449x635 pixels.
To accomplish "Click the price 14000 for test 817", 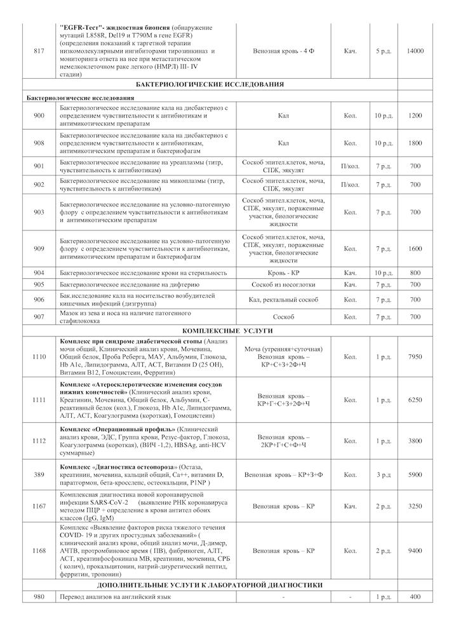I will (415, 51).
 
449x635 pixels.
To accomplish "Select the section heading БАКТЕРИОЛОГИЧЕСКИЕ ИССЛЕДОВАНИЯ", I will (210, 84).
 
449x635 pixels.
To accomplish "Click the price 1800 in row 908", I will (415, 144).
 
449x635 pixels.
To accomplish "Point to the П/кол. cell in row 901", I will (350, 166).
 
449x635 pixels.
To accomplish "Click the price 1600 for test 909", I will (415, 248).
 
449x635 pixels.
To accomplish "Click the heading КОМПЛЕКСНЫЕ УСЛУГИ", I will (210, 331).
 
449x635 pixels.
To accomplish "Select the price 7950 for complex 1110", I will (415, 357).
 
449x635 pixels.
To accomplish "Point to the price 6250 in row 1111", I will (415, 400).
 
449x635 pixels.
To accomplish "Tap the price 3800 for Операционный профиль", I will (415, 441).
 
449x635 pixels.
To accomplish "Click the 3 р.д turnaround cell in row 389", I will (383, 474).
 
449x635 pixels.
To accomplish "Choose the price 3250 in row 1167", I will (415, 507).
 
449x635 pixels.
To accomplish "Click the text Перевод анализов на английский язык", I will (115, 597).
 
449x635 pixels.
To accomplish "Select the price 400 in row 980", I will (415, 597).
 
